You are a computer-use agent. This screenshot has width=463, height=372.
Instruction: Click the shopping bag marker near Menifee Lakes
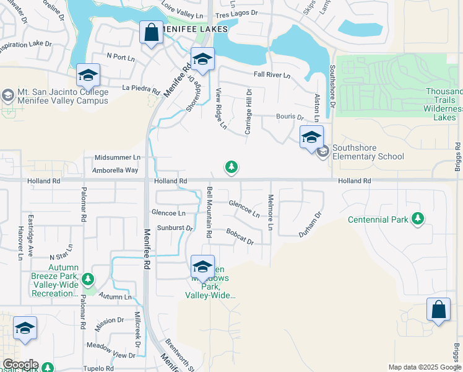(151, 33)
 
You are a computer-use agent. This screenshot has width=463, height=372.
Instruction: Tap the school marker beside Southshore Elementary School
(311, 137)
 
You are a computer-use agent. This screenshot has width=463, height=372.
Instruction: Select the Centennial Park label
(378, 219)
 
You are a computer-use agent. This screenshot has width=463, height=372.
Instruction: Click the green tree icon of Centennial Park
(418, 218)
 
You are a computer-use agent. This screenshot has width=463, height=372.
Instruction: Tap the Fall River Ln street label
(272, 75)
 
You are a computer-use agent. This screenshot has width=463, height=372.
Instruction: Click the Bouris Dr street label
(289, 117)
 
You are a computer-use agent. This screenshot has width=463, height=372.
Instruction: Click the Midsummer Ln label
(117, 157)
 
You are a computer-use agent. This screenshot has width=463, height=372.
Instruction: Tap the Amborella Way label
(115, 170)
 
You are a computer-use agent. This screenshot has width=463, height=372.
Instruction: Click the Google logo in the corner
(20, 365)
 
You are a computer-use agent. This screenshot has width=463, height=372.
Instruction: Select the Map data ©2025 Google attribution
(424, 367)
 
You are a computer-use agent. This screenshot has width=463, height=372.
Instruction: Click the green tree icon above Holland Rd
(231, 167)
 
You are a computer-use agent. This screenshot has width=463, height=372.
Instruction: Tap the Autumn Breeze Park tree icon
(89, 279)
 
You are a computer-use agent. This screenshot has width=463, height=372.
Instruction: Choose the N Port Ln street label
(121, 57)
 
